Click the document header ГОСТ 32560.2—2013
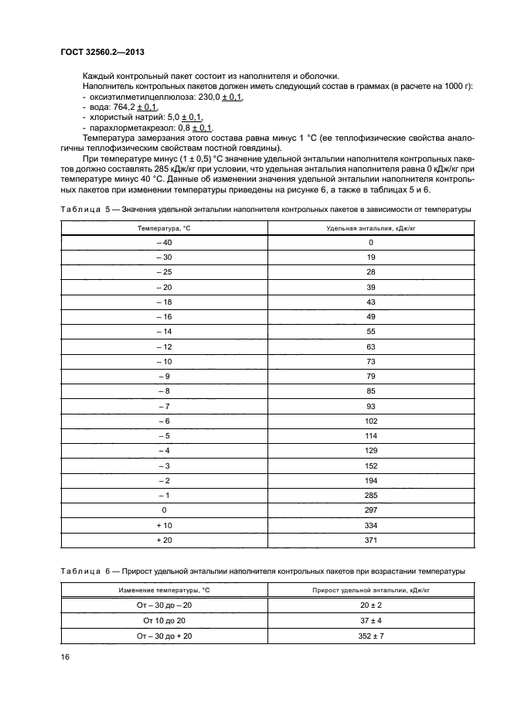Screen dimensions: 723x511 point(104,51)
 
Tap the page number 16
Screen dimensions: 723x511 point(65,656)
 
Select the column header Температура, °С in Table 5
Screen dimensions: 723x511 point(164,228)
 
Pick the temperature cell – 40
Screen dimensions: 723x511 point(164,243)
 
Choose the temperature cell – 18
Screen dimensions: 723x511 point(164,302)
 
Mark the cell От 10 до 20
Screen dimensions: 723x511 point(164,620)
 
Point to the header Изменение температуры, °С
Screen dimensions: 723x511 point(164,591)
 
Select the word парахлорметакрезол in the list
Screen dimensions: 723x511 point(130,128)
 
